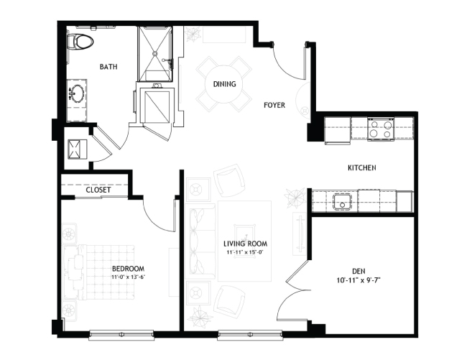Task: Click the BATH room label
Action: pos(108,67)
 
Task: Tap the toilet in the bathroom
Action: pos(80,42)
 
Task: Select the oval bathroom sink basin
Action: pos(78,93)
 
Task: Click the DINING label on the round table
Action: pos(225,84)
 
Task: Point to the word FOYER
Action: pos(274,105)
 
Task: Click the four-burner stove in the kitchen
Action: pos(381,129)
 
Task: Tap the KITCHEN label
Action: pos(362,168)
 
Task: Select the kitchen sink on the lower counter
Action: pos(343,202)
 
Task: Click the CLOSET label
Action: pos(98,190)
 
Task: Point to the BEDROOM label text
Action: pos(129,269)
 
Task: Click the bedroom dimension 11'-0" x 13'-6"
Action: pos(129,277)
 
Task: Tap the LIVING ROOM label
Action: pos(246,244)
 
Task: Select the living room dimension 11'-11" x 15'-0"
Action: pos(246,252)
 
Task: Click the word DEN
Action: pos(359,272)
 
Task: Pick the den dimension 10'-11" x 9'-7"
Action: pos(359,280)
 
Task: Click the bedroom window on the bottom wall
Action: pos(121,335)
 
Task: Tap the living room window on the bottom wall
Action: pos(250,335)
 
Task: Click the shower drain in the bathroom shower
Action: pos(154,53)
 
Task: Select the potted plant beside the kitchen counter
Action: pos(295,197)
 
